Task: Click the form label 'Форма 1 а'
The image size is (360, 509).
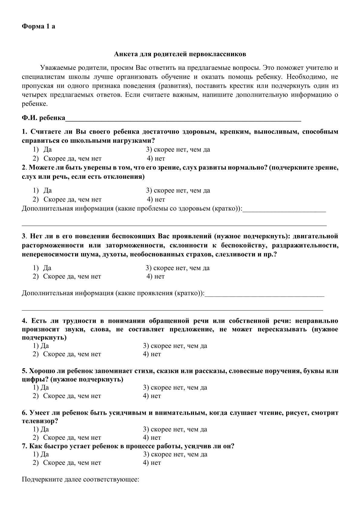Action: coord(38,26)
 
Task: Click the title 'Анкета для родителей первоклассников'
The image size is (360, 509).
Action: coord(180,54)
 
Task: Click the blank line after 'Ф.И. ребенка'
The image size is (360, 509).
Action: coord(183,118)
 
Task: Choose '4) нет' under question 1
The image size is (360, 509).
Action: coord(156,158)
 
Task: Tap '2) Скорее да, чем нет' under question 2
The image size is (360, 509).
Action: coord(67,200)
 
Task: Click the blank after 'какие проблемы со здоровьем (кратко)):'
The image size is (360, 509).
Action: coord(284,209)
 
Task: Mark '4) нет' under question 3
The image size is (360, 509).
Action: coord(156,276)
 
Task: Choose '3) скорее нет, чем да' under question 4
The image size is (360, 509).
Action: coord(175,346)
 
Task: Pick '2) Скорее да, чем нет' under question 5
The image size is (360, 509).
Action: coord(67,396)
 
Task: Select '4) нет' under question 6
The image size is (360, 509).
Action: coord(152,438)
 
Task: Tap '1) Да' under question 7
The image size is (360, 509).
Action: coord(41,454)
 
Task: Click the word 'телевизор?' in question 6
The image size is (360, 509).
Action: coord(40,421)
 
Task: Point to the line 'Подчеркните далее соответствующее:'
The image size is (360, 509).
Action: coord(80,480)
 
